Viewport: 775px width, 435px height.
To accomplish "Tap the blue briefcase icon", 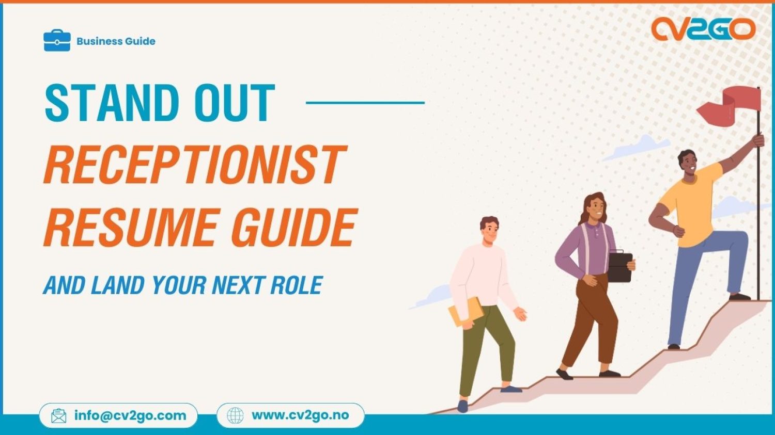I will (x=57, y=41).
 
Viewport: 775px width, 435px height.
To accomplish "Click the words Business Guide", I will (x=116, y=41).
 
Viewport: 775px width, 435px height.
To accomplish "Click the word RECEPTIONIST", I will (x=194, y=165).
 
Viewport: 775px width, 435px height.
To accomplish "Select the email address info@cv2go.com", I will (x=130, y=415).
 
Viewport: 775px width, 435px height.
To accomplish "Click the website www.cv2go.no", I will (x=300, y=415).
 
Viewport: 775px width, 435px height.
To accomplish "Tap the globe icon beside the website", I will (x=235, y=415).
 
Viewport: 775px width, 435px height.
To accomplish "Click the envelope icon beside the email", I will (x=59, y=415).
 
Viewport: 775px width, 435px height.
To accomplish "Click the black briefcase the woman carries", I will (x=619, y=266).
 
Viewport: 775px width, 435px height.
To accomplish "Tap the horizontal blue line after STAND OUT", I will (x=365, y=102).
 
